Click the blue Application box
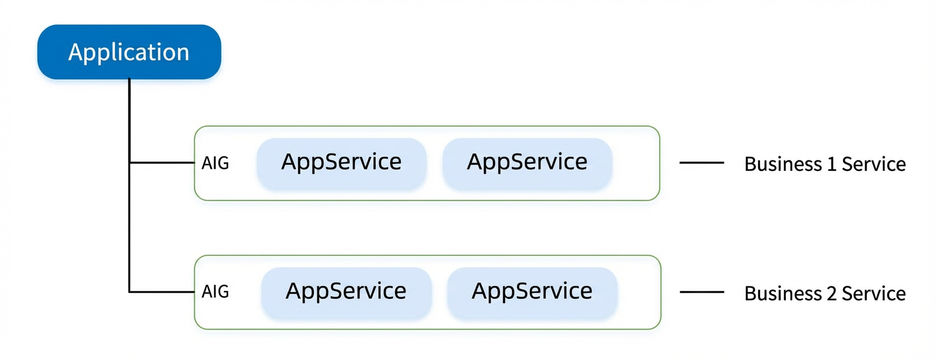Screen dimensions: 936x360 pyautogui.click(x=129, y=52)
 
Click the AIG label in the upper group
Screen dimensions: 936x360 pyautogui.click(x=215, y=163)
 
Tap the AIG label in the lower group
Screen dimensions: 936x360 pyautogui.click(x=215, y=292)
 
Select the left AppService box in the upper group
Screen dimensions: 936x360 pyautogui.click(x=341, y=163)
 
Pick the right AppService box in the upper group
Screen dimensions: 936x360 pyautogui.click(x=527, y=163)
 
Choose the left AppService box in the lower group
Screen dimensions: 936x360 pyautogui.click(x=346, y=292)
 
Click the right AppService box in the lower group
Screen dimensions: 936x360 pyautogui.click(x=532, y=292)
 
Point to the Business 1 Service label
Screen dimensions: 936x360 pyautogui.click(x=825, y=164)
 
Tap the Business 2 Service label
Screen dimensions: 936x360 pyautogui.click(x=825, y=294)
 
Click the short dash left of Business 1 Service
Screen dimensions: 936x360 pyautogui.click(x=701, y=163)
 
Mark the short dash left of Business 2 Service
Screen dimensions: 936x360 pyautogui.click(x=702, y=292)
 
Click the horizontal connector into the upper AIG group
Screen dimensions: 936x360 pyautogui.click(x=162, y=163)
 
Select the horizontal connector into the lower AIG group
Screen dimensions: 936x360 pyautogui.click(x=162, y=291)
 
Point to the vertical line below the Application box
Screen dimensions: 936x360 pyautogui.click(x=129, y=185)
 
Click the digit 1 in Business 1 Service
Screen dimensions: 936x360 pyautogui.click(x=831, y=164)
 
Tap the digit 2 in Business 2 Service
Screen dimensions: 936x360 pyautogui.click(x=831, y=294)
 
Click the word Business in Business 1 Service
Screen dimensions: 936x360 pyautogui.click(x=783, y=164)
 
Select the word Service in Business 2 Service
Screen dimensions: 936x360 pyautogui.click(x=874, y=294)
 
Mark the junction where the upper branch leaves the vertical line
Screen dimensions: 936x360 pyautogui.click(x=129, y=163)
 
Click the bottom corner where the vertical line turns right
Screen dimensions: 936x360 pyautogui.click(x=129, y=291)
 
